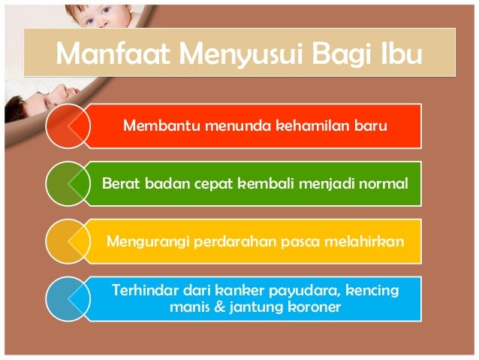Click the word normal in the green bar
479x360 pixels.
382,183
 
